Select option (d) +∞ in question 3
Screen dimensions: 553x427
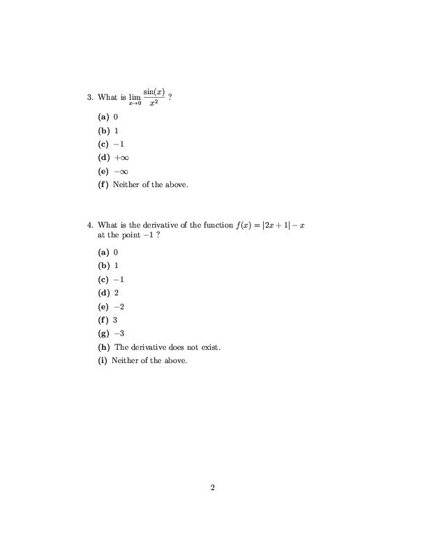coord(114,158)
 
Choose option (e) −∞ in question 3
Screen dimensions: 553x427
coord(114,172)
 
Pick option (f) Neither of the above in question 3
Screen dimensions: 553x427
coord(143,185)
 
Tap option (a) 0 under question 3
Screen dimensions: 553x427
coord(108,117)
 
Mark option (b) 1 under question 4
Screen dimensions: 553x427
coord(108,266)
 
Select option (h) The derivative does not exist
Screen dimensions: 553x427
coord(159,347)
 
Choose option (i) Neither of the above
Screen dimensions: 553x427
coord(143,361)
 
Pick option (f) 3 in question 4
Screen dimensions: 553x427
coord(108,320)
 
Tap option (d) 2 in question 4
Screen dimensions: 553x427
coord(108,293)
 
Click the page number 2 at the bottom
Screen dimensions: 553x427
coord(213,487)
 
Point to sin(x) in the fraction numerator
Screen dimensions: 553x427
coord(153,92)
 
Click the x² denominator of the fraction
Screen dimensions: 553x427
coord(153,103)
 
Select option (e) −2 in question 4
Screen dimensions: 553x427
coord(112,307)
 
